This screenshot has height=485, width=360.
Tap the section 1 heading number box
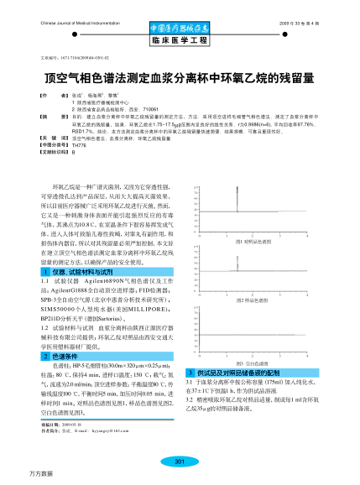tap(46, 273)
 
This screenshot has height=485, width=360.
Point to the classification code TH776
tap(68, 145)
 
